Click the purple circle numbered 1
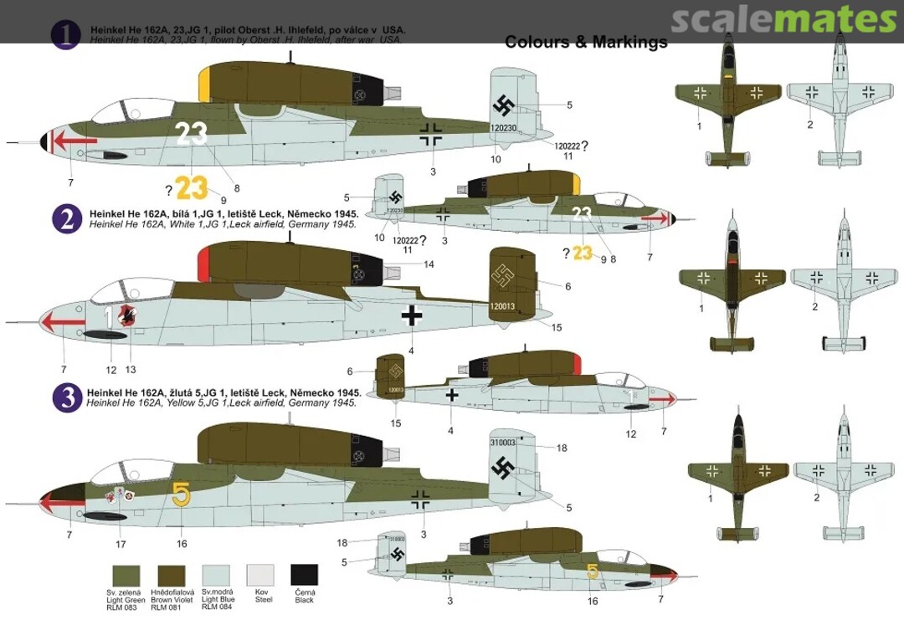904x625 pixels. pos(64,34)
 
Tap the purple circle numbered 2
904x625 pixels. pos(66,218)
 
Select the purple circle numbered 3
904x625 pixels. pos(66,397)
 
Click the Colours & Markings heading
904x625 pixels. pos(586,42)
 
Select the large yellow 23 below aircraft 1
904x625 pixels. pos(192,189)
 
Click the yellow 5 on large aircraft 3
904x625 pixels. pos(182,494)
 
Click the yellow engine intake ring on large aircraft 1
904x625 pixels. pos(203,84)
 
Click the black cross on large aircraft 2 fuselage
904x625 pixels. pos(411,315)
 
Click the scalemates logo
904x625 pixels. pos(783,19)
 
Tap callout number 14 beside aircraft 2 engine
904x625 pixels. pos(429,264)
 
